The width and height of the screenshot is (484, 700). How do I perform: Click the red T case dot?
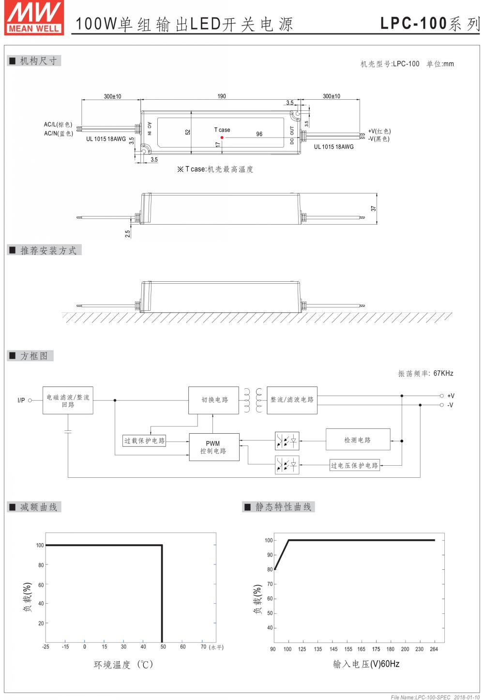tap(222, 137)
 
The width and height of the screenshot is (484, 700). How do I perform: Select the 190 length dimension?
tap(221, 96)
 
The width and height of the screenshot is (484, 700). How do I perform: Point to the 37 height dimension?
tap(373, 209)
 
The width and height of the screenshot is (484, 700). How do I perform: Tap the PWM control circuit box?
tap(213, 447)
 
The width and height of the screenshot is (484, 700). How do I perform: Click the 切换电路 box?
tap(213, 400)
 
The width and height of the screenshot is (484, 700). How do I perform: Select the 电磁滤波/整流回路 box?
tap(68, 400)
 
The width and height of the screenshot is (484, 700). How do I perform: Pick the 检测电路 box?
tap(358, 440)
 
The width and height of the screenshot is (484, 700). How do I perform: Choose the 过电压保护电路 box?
tap(354, 465)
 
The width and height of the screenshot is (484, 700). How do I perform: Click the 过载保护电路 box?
tap(144, 441)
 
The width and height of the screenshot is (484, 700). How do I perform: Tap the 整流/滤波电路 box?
tap(292, 400)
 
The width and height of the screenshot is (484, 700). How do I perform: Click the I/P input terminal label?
tap(21, 400)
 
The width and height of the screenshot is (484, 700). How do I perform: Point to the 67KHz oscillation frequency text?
tap(443, 373)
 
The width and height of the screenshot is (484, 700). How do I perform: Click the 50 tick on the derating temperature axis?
tap(163, 647)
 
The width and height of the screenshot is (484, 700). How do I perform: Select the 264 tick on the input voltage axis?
tap(434, 649)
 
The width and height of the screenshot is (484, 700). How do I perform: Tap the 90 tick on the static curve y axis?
tap(270, 555)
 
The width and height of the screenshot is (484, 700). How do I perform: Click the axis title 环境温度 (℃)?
tap(123, 665)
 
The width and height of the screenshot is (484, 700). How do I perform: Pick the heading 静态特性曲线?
tap(283, 507)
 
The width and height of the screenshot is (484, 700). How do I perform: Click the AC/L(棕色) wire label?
tap(58, 125)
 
